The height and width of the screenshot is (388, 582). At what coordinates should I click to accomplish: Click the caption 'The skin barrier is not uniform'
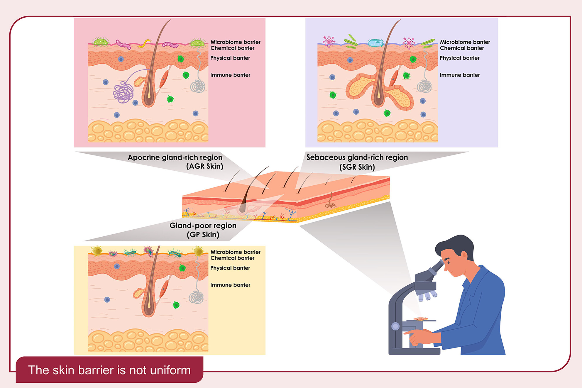coord(109,370)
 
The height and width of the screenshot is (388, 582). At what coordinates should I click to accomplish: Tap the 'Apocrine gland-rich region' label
coord(175,157)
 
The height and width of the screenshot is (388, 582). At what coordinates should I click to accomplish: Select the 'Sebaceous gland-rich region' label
coord(357,157)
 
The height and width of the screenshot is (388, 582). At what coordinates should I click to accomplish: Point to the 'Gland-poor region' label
coord(203,226)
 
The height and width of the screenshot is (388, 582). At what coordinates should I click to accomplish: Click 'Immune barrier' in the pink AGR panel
coord(230,75)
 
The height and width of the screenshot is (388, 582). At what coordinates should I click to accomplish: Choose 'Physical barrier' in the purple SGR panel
coord(459,58)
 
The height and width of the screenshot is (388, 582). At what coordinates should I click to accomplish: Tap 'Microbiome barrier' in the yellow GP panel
coord(235,252)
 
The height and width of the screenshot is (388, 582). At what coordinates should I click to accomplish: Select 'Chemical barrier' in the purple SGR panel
coord(462,48)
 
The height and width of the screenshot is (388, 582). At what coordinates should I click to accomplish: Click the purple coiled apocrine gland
coord(123,92)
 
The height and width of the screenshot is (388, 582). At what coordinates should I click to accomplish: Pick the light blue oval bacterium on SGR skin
coord(375,43)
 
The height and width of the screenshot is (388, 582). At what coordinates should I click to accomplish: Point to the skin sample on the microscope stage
coord(420,318)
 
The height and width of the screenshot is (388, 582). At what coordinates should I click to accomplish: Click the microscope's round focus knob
coord(395,326)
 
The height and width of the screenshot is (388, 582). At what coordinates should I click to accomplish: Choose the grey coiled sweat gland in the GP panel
coord(196,297)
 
